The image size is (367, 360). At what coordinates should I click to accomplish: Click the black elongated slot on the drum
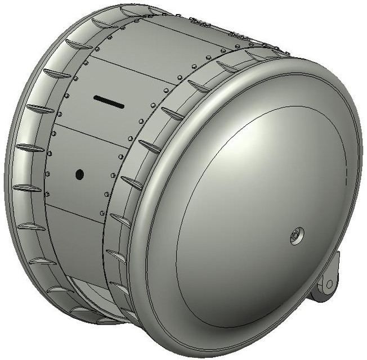click(109, 101)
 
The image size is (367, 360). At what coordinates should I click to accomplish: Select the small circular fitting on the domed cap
click(296, 236)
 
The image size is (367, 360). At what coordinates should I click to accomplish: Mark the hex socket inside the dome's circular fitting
click(296, 236)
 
